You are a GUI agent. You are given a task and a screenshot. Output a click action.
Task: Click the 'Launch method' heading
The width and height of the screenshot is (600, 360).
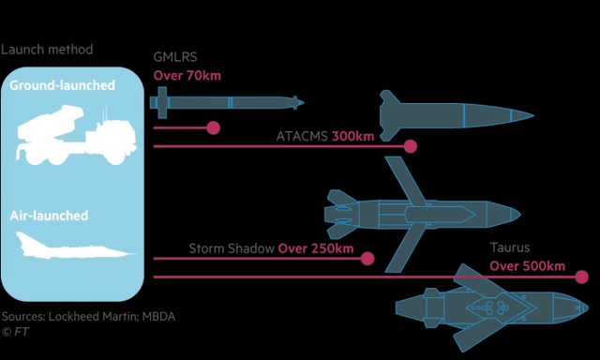pyautogui.click(x=47, y=50)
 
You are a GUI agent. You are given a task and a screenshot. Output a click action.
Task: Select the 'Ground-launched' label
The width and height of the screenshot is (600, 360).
pyautogui.click(x=63, y=85)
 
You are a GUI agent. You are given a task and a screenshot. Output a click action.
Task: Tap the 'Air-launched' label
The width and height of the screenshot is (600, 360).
pyautogui.click(x=49, y=216)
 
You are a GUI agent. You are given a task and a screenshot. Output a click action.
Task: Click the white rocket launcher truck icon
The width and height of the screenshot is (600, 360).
pyautogui.click(x=76, y=135)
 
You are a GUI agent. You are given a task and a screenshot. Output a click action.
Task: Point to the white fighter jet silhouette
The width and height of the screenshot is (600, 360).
pyautogui.click(x=75, y=246)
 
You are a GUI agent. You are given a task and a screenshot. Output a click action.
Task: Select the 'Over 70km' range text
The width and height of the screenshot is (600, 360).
pyautogui.click(x=187, y=75)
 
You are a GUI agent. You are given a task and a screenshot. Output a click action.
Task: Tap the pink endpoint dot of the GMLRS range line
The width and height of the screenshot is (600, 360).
pyautogui.click(x=213, y=127)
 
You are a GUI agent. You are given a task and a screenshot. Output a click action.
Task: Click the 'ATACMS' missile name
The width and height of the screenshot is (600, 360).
pyautogui.click(x=302, y=136)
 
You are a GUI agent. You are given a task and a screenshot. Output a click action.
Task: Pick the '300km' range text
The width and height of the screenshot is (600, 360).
pyautogui.click(x=352, y=136)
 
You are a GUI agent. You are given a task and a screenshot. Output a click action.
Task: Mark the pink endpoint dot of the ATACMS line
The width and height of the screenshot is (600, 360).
pyautogui.click(x=411, y=146)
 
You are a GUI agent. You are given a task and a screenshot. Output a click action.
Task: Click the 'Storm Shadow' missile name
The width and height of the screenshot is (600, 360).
pyautogui.click(x=232, y=248)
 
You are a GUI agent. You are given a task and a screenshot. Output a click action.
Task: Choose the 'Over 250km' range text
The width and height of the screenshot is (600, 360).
pyautogui.click(x=316, y=248)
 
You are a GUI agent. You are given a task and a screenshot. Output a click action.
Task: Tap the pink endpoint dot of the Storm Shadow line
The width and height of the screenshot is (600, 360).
pyautogui.click(x=367, y=259)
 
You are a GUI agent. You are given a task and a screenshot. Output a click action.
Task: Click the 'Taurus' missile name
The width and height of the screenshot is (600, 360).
pyautogui.click(x=510, y=247)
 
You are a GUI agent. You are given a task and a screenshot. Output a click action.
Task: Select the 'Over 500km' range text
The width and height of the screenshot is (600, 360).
pyautogui.click(x=527, y=266)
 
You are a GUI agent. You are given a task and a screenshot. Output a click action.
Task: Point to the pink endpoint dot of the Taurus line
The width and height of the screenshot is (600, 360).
pyautogui.click(x=581, y=277)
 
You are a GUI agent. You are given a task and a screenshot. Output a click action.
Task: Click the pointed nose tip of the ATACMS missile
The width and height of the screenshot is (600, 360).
pyautogui.click(x=533, y=114)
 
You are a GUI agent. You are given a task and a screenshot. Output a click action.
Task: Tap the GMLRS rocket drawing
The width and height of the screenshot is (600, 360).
pyautogui.click(x=227, y=102)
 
